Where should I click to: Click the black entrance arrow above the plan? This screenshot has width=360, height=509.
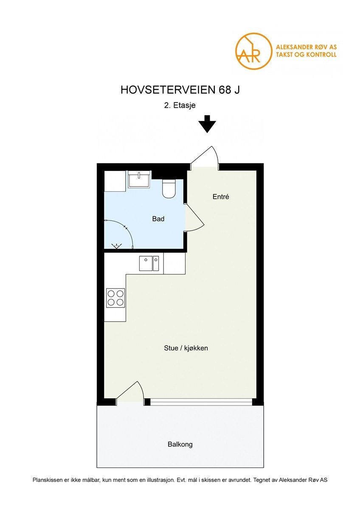[x=207, y=124]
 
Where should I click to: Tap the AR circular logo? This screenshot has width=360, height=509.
[x=253, y=51]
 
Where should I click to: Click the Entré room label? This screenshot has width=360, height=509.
[x=221, y=197]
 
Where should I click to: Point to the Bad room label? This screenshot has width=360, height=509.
[x=158, y=219]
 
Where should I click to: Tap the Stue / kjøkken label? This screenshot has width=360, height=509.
[x=186, y=348]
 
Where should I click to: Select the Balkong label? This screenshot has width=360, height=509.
[x=180, y=445]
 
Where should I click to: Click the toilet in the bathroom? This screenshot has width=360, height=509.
[x=169, y=189]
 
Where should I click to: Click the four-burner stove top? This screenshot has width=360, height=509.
[x=115, y=297]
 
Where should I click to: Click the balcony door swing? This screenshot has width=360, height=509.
[x=130, y=392]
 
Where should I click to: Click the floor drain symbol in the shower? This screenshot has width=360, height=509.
[x=116, y=245]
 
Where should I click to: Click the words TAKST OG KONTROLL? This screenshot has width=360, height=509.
[x=306, y=55]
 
